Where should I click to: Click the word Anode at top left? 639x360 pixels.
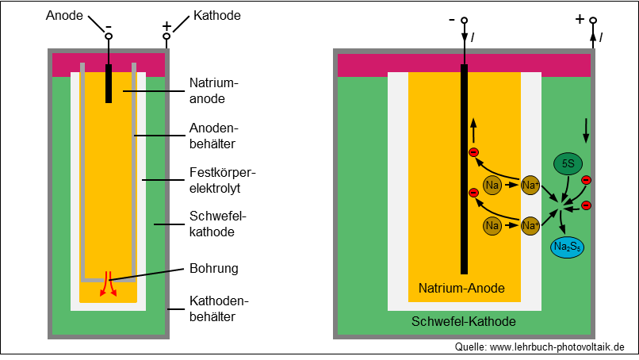(64, 16)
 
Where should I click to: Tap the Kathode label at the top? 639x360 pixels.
(216, 16)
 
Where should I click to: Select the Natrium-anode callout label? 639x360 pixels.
(213, 90)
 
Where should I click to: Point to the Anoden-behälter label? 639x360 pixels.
(213, 136)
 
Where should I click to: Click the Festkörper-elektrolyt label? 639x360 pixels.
(222, 180)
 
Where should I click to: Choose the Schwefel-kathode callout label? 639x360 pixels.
(217, 224)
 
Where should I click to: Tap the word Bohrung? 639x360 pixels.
(213, 268)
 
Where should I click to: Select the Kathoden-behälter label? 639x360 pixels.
(219, 308)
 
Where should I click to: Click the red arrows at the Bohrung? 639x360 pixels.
(109, 283)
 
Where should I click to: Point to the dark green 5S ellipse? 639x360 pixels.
(568, 163)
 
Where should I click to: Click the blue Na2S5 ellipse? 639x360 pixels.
(568, 247)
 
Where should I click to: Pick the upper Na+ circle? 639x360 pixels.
(530, 185)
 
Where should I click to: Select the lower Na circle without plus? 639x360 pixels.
(492, 225)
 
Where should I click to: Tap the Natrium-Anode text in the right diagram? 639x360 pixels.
(461, 289)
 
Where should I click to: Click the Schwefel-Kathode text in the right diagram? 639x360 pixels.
(463, 321)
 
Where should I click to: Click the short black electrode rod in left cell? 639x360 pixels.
(109, 83)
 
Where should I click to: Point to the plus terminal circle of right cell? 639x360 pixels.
(593, 20)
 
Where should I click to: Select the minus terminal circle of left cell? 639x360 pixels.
(109, 36)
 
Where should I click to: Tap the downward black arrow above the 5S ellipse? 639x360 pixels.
(586, 131)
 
